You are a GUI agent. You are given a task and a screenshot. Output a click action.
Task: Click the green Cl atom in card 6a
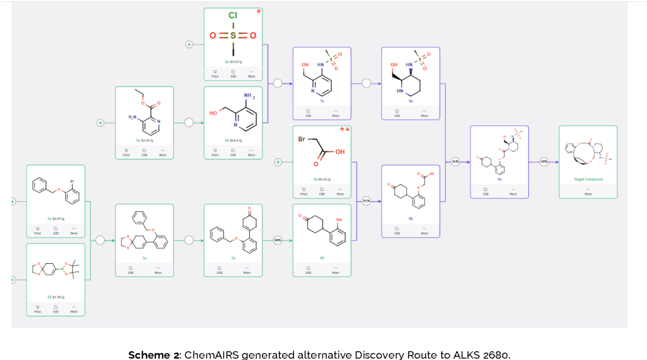233,15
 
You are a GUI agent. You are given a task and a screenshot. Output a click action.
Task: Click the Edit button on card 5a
144,152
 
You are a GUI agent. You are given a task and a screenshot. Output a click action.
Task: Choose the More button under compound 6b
251,152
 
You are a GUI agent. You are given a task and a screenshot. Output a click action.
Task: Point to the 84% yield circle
277,240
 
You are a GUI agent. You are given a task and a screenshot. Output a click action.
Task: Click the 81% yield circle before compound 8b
366,201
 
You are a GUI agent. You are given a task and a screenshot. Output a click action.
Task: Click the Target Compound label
588,179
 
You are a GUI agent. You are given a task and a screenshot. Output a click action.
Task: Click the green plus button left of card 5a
100,123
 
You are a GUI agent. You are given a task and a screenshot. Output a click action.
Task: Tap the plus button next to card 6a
188,44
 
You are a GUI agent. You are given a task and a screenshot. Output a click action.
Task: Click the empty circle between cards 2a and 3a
188,240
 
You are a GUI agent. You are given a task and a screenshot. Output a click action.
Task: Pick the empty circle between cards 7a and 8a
366,83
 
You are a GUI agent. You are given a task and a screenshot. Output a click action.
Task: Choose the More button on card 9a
513,192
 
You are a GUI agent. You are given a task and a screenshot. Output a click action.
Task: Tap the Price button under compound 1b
38,309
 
